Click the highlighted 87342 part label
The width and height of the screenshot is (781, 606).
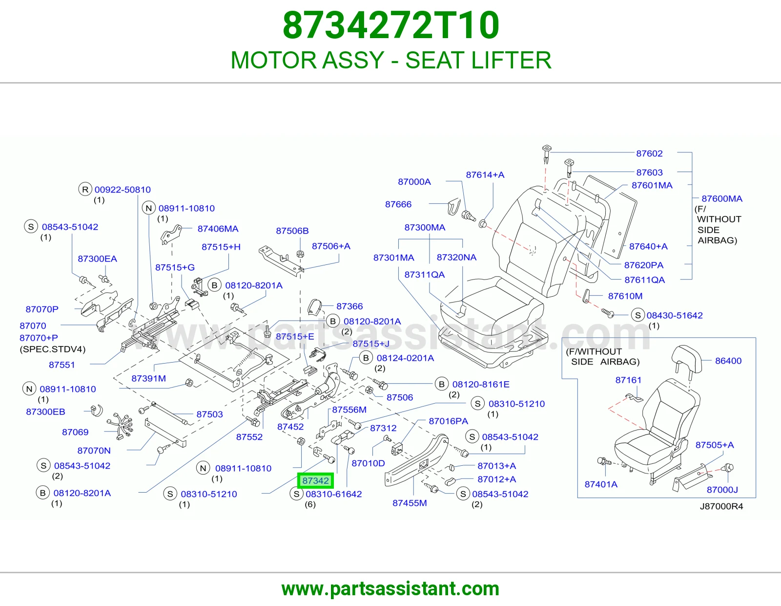(315, 481)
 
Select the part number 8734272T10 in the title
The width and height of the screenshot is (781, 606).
(391, 25)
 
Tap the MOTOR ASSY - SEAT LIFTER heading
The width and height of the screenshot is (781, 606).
(390, 60)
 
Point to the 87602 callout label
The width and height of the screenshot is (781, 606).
(649, 153)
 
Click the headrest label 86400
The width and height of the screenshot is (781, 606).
(728, 361)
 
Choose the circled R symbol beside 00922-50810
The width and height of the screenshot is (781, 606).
(85, 190)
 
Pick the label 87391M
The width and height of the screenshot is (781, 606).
(148, 379)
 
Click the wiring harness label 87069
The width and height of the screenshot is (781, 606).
(75, 432)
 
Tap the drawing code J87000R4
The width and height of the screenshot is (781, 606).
(721, 506)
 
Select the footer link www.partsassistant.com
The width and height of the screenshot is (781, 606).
(390, 589)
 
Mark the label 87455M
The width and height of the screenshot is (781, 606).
(410, 503)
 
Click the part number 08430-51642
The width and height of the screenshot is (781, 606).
(675, 316)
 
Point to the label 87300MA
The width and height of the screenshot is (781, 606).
(425, 227)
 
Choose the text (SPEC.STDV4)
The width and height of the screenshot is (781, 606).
(53, 349)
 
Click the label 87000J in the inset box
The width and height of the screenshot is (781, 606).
(722, 490)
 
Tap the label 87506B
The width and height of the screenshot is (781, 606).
(292, 231)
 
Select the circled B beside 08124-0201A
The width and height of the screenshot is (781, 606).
(366, 358)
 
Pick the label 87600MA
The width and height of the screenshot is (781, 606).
(722, 198)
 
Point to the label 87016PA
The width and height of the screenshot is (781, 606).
(448, 421)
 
